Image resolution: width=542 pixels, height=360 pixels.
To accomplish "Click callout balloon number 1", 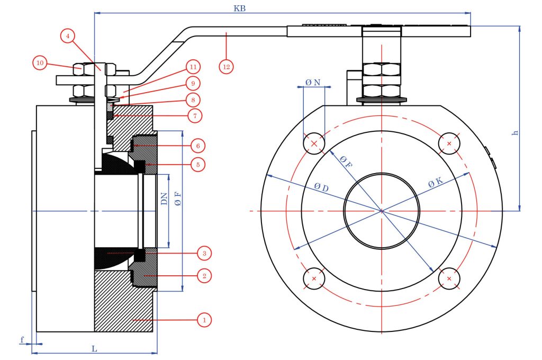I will (x=203, y=320).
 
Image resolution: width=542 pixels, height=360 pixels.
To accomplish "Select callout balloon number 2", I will (x=203, y=275).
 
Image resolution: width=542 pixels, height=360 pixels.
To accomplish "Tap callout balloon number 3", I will (x=203, y=254).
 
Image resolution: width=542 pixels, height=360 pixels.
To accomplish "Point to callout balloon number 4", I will (x=67, y=36).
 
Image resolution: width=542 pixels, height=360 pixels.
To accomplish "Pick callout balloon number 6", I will (x=197, y=145).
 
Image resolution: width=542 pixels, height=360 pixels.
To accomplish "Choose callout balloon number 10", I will (x=40, y=63).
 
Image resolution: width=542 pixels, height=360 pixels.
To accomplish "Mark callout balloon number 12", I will (x=227, y=66).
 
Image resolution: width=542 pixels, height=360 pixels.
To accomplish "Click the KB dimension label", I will (x=239, y=8).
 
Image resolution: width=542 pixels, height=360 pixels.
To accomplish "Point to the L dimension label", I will (x=94, y=349).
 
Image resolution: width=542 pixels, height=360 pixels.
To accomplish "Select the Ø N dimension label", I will (x=313, y=83).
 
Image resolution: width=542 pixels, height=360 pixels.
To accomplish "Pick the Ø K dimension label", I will (x=435, y=184).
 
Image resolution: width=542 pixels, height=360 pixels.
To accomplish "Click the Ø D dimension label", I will (x=321, y=187).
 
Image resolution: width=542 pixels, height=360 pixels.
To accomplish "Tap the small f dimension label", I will (x=22, y=339).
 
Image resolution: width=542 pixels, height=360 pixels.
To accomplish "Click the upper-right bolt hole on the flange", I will (x=449, y=143).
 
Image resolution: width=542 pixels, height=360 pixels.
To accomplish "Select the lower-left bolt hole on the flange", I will (x=314, y=278).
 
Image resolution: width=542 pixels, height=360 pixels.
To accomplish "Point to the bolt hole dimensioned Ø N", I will (x=314, y=143).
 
